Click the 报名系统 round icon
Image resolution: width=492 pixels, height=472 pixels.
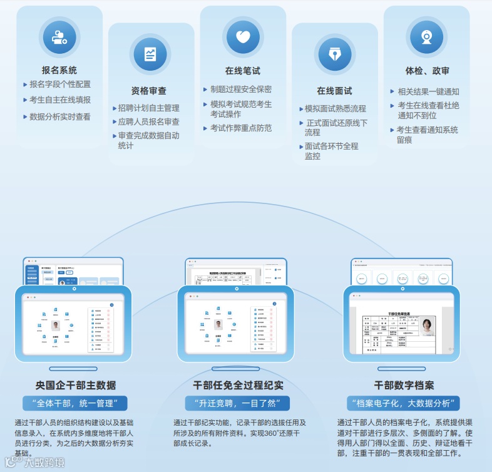tap(59, 36)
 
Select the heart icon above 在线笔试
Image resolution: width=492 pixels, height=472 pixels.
tap(243, 36)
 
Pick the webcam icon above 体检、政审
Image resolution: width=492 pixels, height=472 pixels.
tap(427, 36)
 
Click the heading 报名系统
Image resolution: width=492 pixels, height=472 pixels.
tap(59, 71)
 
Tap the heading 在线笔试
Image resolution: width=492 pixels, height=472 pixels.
tap(243, 71)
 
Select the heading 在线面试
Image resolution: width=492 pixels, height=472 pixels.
tap(334, 91)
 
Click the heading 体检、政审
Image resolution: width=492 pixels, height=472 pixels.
tap(427, 71)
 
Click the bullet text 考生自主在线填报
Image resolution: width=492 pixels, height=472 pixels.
tap(60, 100)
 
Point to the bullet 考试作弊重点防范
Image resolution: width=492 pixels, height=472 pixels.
tap(241, 128)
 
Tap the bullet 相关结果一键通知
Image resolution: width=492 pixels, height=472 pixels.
tap(428, 91)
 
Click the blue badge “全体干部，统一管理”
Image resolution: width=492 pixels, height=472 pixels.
tap(75, 403)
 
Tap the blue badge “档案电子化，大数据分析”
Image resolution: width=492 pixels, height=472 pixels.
tap(404, 403)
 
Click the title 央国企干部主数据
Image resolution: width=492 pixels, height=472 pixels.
tap(76, 384)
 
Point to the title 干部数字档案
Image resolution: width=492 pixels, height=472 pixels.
tap(404, 384)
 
